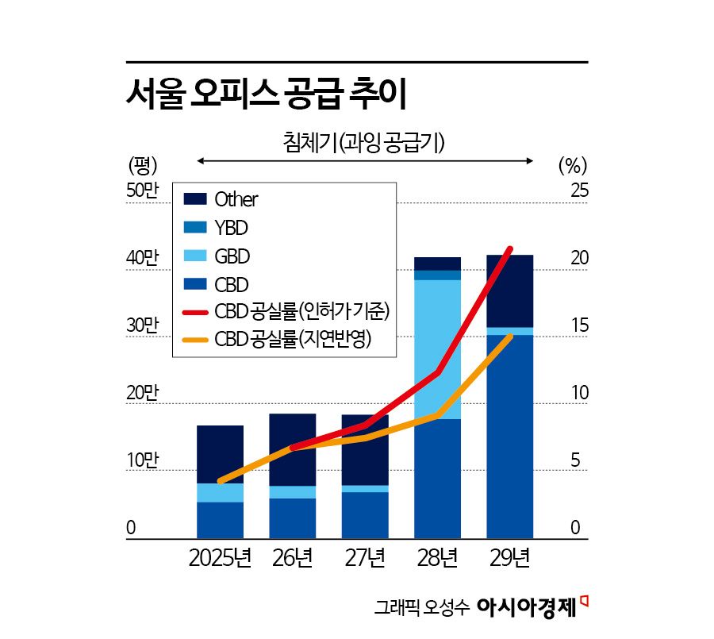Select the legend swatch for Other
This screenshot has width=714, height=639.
click(194, 199)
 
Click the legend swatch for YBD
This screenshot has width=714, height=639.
click(194, 228)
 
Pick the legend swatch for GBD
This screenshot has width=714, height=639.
click(194, 256)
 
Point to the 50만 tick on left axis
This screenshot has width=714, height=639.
click(143, 191)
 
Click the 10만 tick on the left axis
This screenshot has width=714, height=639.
click(143, 460)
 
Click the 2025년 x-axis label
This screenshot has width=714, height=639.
click(220, 559)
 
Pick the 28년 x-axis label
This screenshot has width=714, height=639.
click(437, 559)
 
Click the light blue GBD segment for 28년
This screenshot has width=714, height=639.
click(437, 349)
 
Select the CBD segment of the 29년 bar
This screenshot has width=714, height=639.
click(509, 437)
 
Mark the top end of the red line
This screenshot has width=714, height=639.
click(510, 249)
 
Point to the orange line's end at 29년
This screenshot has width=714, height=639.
click(510, 337)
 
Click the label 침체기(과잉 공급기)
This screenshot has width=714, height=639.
click(363, 143)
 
